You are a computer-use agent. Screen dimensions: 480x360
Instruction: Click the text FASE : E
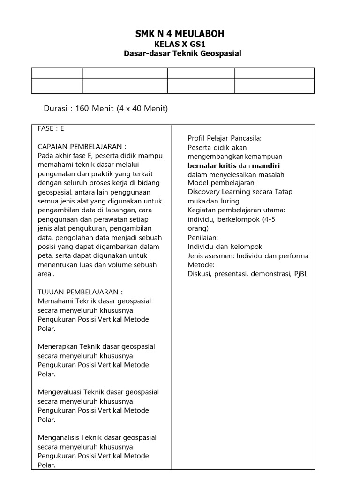coord(51,128)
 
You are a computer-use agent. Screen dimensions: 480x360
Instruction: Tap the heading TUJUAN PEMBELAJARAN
coord(80,292)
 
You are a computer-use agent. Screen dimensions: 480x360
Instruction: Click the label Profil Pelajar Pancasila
coord(225,138)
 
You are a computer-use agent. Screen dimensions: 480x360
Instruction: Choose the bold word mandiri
coord(266,165)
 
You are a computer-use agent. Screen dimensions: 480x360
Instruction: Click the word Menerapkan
coord(58,347)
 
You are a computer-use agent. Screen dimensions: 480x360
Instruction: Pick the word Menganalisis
coord(60,438)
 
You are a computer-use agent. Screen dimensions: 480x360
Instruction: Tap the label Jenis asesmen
coord(210,256)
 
